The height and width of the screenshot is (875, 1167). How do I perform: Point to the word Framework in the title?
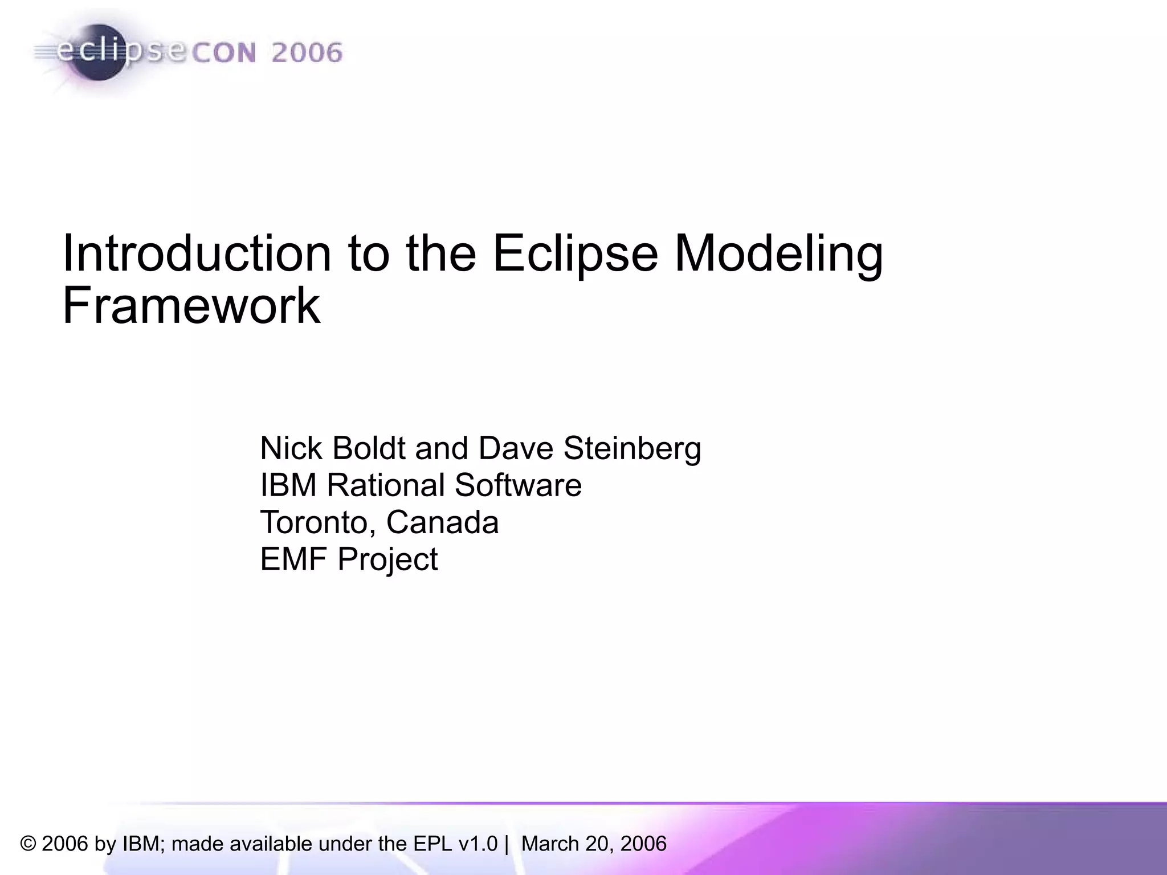tap(191, 306)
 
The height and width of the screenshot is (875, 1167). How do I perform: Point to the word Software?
tap(518, 485)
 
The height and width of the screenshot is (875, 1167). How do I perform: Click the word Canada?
tap(442, 522)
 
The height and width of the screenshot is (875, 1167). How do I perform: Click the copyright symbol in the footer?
tap(28, 844)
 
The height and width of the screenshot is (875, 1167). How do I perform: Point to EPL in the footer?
tap(433, 844)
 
